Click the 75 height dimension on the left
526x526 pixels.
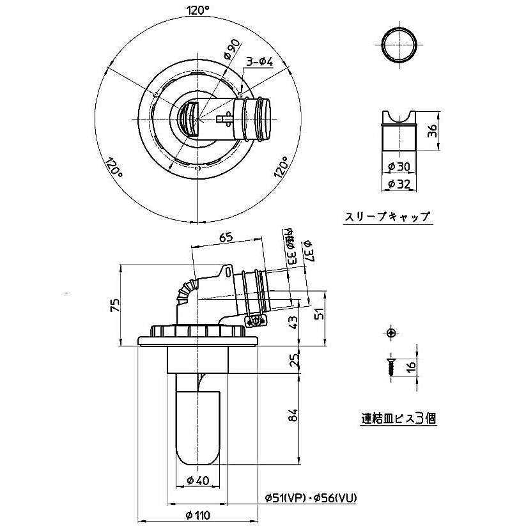(114, 305)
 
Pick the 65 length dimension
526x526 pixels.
(226, 237)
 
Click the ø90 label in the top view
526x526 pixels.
(232, 50)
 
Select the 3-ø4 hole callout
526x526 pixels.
(261, 61)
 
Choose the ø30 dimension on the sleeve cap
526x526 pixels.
(398, 166)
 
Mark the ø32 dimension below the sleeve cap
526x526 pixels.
(398, 184)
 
